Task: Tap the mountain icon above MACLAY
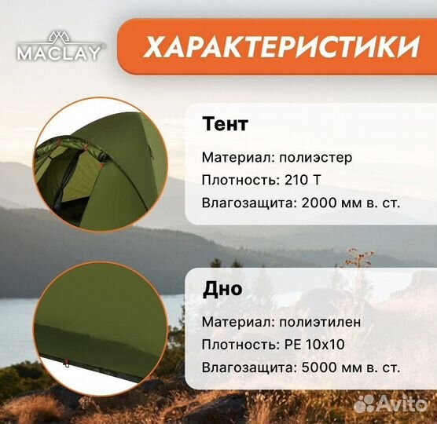click(x=61, y=36)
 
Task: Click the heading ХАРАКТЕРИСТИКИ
click(x=281, y=47)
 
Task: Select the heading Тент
click(x=226, y=124)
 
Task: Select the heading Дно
click(x=222, y=289)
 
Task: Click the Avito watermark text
click(x=402, y=404)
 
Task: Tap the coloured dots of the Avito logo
click(x=365, y=404)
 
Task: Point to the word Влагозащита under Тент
click(x=245, y=202)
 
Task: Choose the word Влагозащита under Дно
click(x=245, y=367)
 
